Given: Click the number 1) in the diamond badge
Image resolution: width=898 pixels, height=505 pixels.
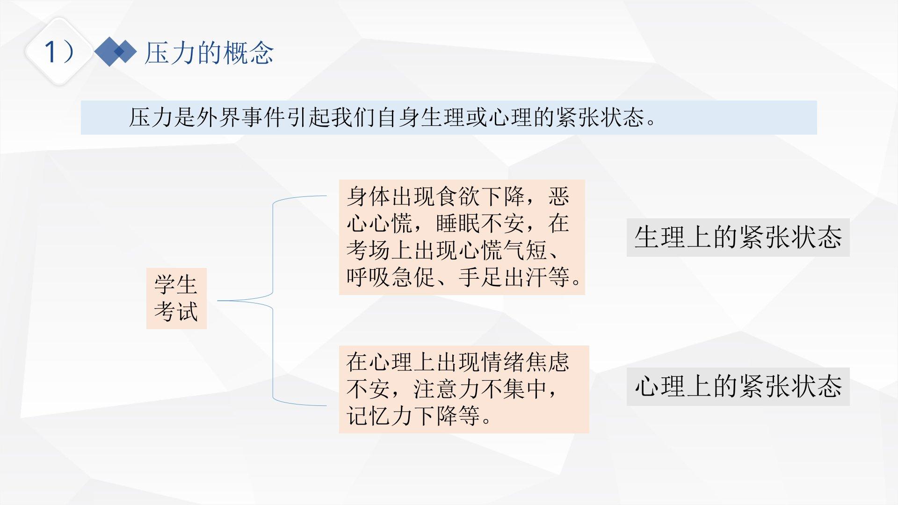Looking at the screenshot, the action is pyautogui.click(x=59, y=51).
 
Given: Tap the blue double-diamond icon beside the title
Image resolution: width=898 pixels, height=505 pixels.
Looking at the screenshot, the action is pyautogui.click(x=116, y=51).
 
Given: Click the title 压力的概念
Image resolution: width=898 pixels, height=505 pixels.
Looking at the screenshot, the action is pyautogui.click(x=209, y=52).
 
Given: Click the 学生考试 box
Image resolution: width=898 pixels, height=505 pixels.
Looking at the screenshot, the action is pyautogui.click(x=176, y=298).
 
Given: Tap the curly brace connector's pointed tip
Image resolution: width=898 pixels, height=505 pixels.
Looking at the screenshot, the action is pyautogui.click(x=218, y=301).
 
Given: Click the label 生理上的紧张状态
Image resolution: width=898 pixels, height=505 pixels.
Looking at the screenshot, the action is pyautogui.click(x=738, y=237).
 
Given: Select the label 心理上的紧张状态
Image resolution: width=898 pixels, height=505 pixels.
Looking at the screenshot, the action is pyautogui.click(x=738, y=387).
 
